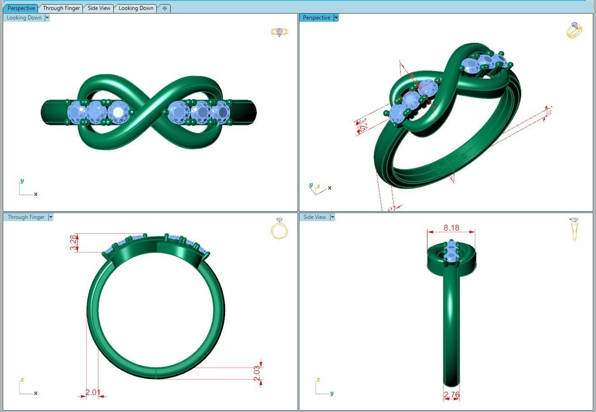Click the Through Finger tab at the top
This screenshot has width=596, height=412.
pos(61,8)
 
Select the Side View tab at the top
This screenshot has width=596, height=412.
pos(99,8)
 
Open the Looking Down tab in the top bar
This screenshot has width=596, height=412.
pos(135,8)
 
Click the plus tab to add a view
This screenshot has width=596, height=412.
pos(164,8)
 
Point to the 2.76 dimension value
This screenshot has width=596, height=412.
pos(452,395)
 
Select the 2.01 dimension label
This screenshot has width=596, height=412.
pos(92,392)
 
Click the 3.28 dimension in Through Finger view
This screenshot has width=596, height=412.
pos(73,243)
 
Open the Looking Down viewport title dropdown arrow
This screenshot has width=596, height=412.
pos(47,18)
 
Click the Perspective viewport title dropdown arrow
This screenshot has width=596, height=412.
pos(336,18)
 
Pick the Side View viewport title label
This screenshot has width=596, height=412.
pos(314,217)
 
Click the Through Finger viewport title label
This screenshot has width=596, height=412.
pos(26,217)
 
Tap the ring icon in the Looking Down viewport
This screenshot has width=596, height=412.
pos(279,32)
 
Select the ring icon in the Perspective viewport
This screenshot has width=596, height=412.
pos(574,30)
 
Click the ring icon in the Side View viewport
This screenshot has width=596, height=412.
pos(574,228)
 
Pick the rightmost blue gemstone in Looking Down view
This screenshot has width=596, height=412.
pos(221,111)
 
